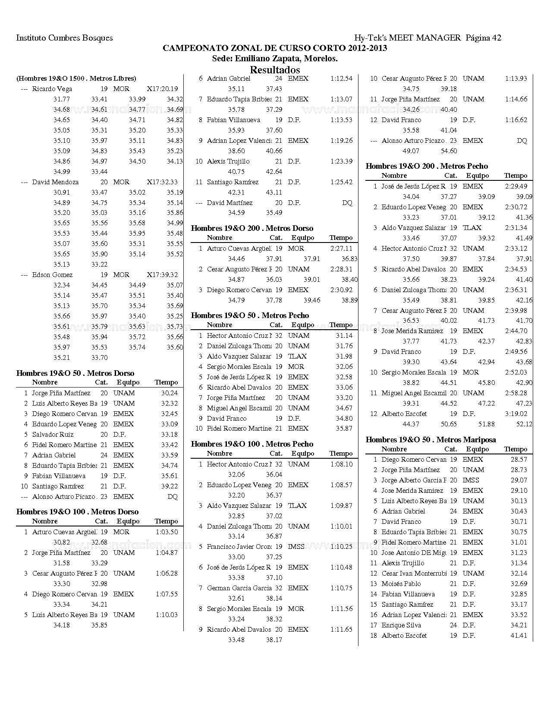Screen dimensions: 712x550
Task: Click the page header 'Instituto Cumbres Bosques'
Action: (x=64, y=38)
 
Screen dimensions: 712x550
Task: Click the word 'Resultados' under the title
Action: (x=275, y=69)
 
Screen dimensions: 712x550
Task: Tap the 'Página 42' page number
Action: (x=483, y=38)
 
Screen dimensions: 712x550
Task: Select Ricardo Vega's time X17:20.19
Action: (x=162, y=89)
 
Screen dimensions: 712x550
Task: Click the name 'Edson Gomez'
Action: (x=52, y=275)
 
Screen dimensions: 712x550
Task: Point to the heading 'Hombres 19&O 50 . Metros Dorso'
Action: (x=75, y=373)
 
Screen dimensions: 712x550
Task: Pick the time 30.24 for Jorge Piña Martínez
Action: (x=169, y=393)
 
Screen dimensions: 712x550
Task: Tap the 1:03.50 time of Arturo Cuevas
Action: (x=167, y=532)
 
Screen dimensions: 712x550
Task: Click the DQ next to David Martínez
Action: (x=347, y=203)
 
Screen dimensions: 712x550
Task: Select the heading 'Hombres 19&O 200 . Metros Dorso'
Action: (x=252, y=228)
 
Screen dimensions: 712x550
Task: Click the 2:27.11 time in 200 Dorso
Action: (x=341, y=249)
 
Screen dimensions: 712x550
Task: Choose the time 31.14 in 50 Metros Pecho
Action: (x=344, y=336)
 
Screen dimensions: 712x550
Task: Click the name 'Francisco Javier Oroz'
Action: (x=239, y=547)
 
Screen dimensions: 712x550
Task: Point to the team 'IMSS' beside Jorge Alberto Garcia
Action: (x=471, y=480)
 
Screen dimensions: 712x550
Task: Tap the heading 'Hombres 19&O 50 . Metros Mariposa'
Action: (x=431, y=440)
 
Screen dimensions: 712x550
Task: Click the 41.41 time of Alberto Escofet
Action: (x=519, y=636)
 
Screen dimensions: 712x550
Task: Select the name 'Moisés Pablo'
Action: (x=401, y=584)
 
